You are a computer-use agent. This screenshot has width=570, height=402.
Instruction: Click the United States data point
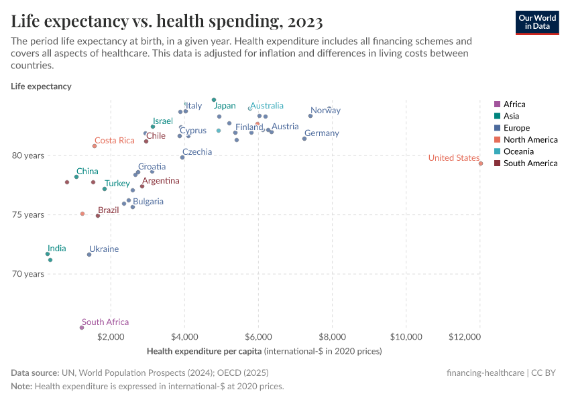[x=481, y=163]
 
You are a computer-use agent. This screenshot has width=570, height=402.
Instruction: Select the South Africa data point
[x=82, y=328]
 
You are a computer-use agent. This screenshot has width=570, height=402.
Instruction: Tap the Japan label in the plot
[x=225, y=106]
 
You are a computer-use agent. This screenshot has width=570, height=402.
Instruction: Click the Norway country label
[x=325, y=111]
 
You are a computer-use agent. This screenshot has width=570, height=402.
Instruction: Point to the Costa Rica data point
[x=95, y=146]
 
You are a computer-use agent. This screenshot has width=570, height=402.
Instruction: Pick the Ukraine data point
[x=89, y=255]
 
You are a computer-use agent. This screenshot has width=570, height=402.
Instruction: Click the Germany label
[x=321, y=133]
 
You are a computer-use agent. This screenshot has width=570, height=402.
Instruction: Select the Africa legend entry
[x=514, y=105]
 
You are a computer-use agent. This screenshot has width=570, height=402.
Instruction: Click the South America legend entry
[x=530, y=163]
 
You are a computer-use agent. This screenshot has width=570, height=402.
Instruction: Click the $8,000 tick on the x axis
[x=332, y=336]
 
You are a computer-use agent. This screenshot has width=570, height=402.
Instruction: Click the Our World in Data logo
[x=537, y=22]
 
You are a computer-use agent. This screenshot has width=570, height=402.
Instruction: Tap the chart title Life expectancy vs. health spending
[x=167, y=21]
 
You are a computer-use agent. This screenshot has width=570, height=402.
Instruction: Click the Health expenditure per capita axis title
[x=205, y=351]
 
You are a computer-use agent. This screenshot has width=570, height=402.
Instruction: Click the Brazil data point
[x=98, y=216]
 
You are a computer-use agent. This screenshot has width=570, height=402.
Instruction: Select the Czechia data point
[x=182, y=157]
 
